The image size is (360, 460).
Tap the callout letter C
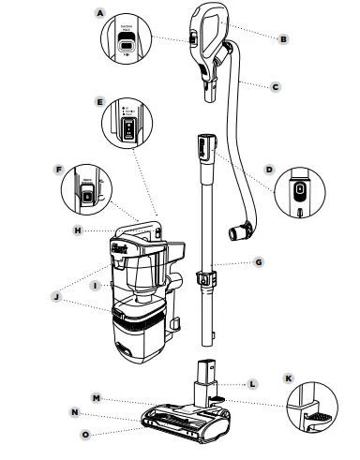pos(276,86)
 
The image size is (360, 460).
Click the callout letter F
pos(59,171)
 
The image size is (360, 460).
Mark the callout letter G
pos(258,263)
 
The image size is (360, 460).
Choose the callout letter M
pos(96,397)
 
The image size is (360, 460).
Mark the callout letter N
pos(73,413)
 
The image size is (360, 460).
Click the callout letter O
pos(85,433)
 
